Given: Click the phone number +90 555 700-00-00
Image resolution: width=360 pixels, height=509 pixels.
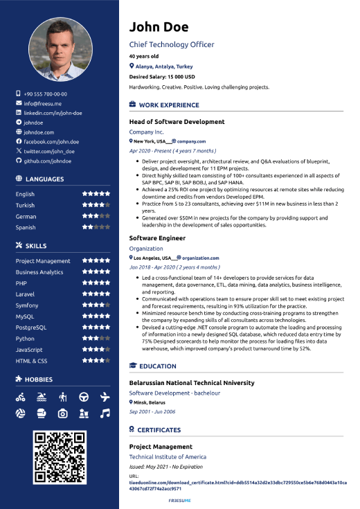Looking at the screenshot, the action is [45, 94].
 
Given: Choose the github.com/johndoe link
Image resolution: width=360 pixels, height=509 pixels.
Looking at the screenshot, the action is [47, 161].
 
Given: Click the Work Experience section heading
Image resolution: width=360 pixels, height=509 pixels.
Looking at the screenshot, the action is [169, 105].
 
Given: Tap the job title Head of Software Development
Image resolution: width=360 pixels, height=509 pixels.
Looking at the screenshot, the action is [177, 122].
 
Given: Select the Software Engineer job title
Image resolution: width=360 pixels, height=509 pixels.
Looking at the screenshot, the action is [157, 238].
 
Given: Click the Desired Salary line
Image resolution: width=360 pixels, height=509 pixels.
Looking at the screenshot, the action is [162, 77].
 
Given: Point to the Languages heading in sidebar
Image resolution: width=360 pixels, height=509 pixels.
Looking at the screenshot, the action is [44, 179].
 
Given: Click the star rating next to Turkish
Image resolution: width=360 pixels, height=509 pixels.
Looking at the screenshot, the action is [96, 206].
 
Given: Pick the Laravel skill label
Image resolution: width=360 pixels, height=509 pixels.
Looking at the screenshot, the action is [27, 294].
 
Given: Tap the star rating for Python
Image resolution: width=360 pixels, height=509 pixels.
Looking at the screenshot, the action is [96, 339].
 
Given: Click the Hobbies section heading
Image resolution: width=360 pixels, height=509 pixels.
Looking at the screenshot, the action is [43, 379].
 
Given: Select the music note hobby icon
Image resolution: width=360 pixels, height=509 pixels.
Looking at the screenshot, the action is [105, 413].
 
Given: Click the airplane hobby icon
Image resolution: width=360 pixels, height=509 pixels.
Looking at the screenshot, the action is [105, 397].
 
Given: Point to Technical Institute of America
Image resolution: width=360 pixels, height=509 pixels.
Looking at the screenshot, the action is [168, 457].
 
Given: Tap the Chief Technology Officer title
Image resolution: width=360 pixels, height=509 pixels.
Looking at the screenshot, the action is [172, 44].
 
